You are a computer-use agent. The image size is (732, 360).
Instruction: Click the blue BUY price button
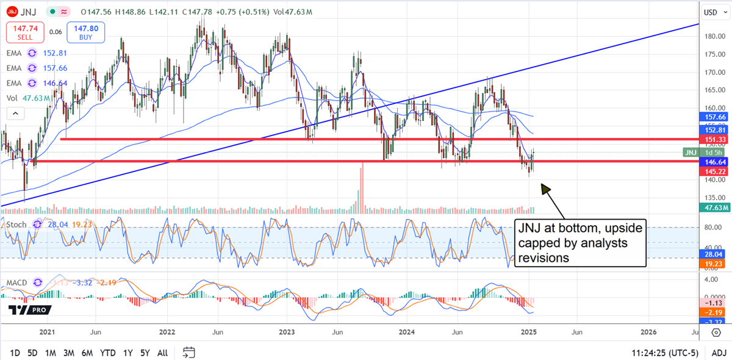click(89, 32)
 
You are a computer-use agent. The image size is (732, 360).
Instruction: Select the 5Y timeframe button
click(145, 353)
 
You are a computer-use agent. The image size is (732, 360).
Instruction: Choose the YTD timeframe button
click(108, 353)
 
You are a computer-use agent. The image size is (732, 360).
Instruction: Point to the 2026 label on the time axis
click(648, 332)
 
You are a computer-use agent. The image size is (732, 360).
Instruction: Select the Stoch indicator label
click(16, 224)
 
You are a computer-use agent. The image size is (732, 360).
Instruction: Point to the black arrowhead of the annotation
click(544, 188)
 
